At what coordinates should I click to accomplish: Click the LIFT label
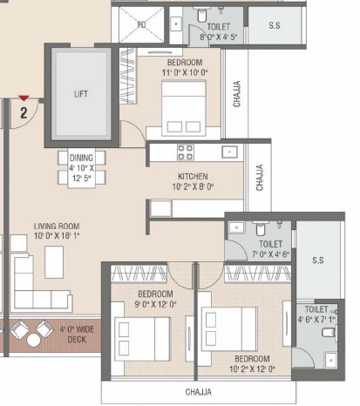tap(81, 94)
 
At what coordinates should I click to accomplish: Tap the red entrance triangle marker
tap(24, 98)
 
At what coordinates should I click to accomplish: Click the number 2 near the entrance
tap(24, 112)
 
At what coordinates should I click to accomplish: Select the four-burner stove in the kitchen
tap(186, 152)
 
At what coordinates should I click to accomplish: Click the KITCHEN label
tap(193, 176)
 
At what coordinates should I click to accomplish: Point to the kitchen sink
tap(229, 152)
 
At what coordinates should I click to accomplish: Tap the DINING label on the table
tap(81, 158)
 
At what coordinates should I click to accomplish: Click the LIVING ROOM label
tap(57, 227)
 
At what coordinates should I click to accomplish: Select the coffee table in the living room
tap(54, 262)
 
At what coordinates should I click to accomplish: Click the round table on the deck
tap(33, 340)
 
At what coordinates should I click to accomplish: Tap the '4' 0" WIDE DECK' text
tap(77, 335)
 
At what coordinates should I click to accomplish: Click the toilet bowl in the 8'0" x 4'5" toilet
tap(201, 16)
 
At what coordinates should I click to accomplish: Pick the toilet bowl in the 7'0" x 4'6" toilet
tap(261, 229)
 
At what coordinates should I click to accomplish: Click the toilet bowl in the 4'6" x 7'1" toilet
tap(329, 332)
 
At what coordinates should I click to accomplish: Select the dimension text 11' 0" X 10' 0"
tap(185, 72)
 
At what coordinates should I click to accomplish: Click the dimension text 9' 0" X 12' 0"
tap(155, 304)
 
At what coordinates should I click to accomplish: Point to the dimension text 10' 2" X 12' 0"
tap(252, 369)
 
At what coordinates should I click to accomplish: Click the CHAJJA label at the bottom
tap(199, 392)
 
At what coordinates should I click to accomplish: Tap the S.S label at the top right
tap(275, 25)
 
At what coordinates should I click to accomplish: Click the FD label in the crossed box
tap(141, 25)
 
